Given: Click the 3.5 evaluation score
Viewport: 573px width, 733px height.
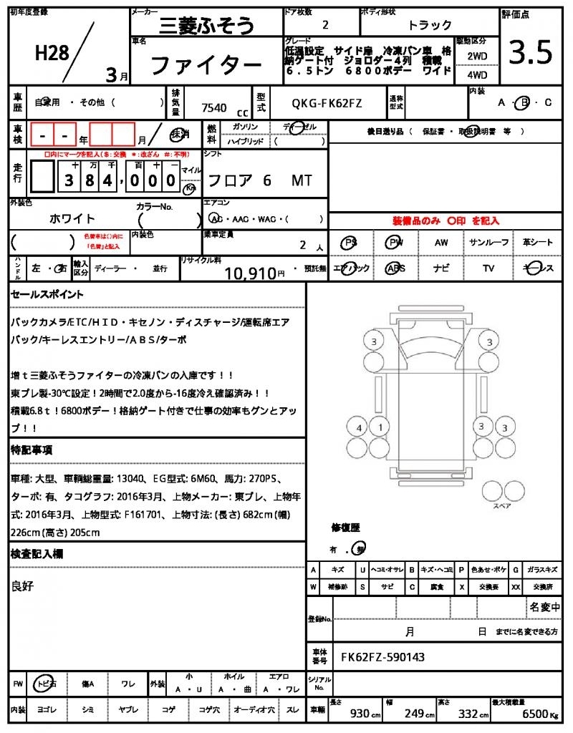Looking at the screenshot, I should coord(531,53).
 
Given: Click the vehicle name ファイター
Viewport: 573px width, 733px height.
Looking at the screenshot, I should coord(206,66).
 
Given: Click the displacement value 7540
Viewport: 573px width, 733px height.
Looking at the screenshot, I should coord(214,107).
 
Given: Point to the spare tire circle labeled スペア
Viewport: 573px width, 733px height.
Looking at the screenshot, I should coord(494,490).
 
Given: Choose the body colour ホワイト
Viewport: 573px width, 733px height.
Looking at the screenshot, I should coord(72,218).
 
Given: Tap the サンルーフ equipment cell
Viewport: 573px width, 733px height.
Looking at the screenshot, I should coord(489,243).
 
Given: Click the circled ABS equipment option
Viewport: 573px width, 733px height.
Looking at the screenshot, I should coord(395,268).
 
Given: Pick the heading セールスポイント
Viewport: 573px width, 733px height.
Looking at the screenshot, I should coord(47,294).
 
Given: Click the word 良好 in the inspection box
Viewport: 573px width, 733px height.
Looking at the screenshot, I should coord(23,586).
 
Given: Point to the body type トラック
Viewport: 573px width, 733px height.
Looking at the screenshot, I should coord(430,25).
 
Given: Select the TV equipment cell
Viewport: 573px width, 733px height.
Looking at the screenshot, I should coord(488,268).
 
